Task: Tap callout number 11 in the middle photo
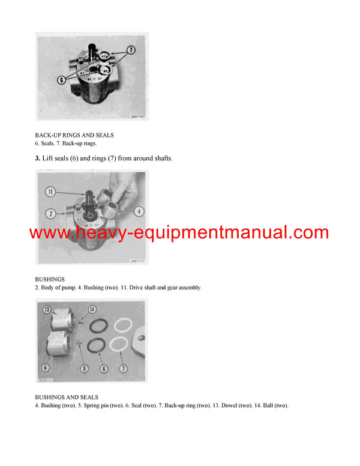52,192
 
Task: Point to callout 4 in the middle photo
137,211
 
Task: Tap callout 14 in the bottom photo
92,310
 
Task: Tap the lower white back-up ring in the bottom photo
118,345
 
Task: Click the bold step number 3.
38,159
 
